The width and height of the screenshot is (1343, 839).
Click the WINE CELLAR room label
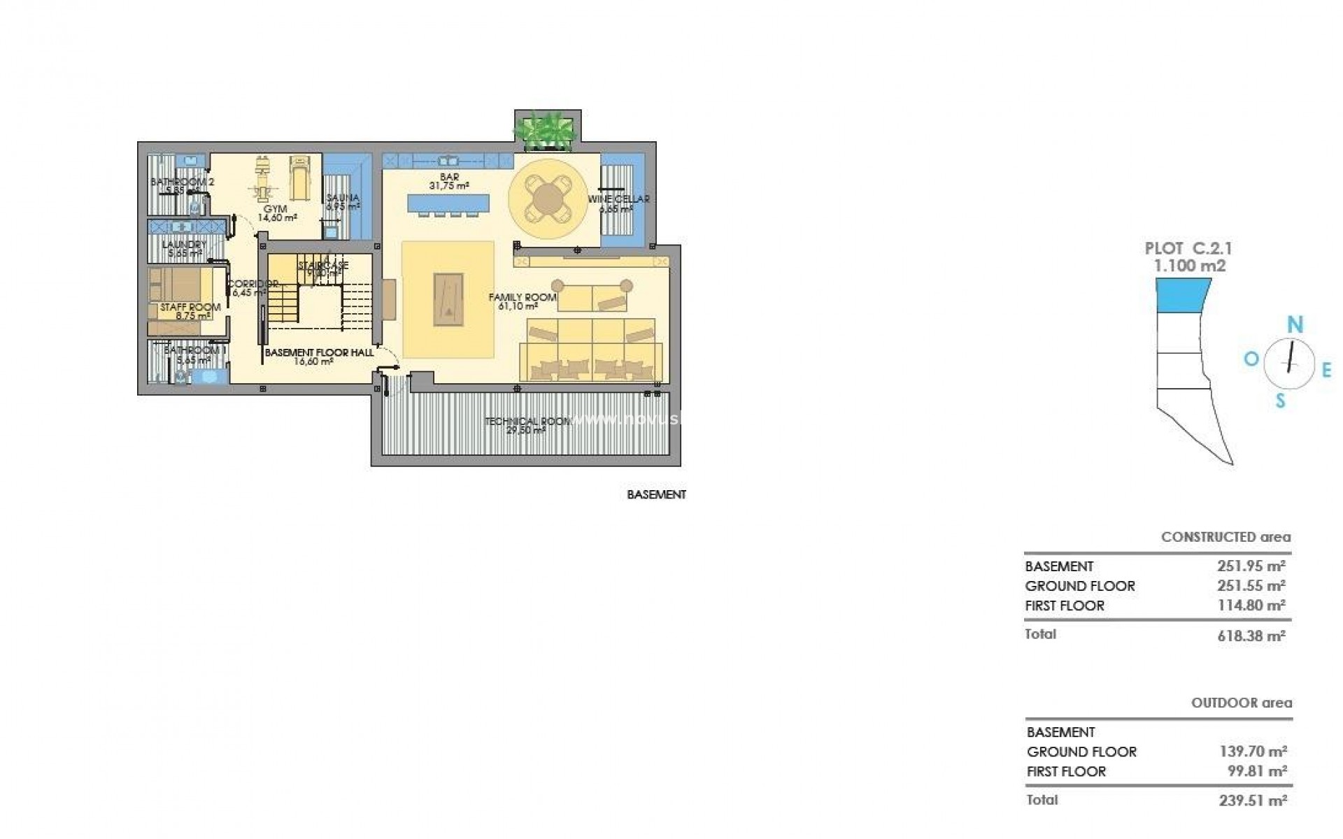(618, 199)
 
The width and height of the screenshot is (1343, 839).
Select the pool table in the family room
(448, 299)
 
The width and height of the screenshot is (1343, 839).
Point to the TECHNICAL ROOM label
(528, 422)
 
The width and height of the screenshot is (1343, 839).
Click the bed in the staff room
(180, 287)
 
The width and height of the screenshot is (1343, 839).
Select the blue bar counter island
(448, 203)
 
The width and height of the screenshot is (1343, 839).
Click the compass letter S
(1280, 401)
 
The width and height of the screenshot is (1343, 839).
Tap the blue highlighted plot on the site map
(1183, 295)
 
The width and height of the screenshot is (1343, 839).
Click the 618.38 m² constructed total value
(1251, 636)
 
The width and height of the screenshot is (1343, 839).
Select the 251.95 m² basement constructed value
(1251, 566)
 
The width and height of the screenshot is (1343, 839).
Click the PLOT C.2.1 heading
(1188, 248)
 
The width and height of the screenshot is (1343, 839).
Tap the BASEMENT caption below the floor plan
(656, 495)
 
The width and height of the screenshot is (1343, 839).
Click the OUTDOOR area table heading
(1242, 703)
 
